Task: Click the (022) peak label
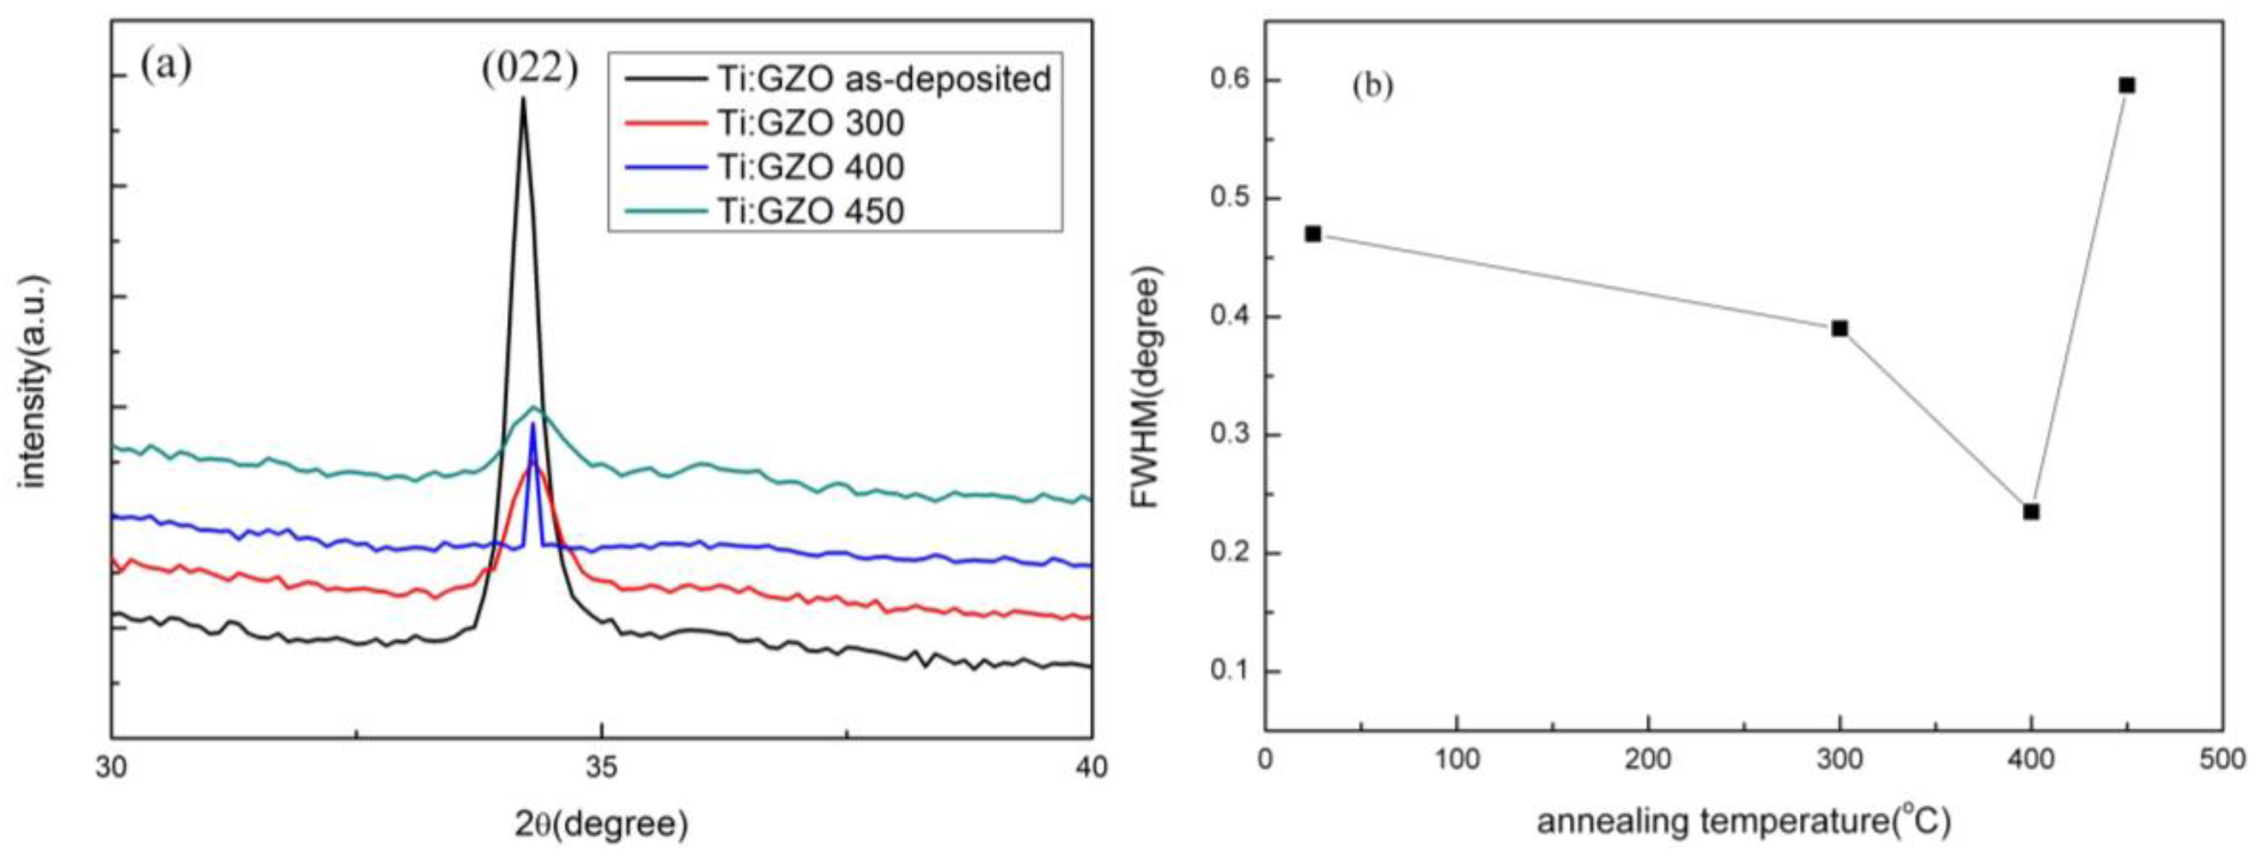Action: click(x=530, y=68)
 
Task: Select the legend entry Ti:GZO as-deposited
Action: click(x=884, y=79)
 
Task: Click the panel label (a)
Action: click(x=166, y=66)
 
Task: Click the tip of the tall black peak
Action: click(x=523, y=98)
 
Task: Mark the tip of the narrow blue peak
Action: click(x=532, y=425)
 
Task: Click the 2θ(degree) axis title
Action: click(x=601, y=825)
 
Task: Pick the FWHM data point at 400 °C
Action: click(x=2031, y=512)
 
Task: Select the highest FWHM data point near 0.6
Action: click(x=2126, y=85)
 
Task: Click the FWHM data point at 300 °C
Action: click(x=1840, y=328)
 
